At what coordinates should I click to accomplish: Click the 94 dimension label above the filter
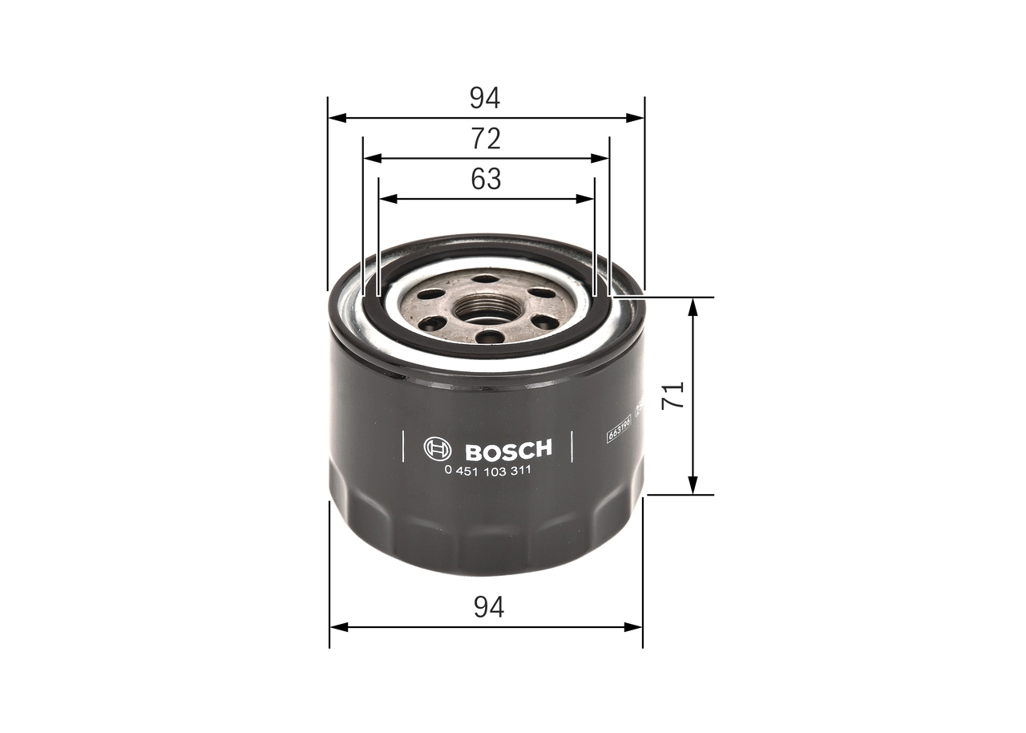point(485,98)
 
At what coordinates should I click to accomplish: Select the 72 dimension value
point(486,139)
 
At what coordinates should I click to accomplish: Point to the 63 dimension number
point(486,179)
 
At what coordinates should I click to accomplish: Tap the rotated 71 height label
point(676,395)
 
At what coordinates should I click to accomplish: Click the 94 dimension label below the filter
point(488,607)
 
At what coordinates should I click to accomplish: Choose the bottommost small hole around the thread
point(488,337)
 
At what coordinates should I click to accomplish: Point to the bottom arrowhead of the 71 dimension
point(693,486)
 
